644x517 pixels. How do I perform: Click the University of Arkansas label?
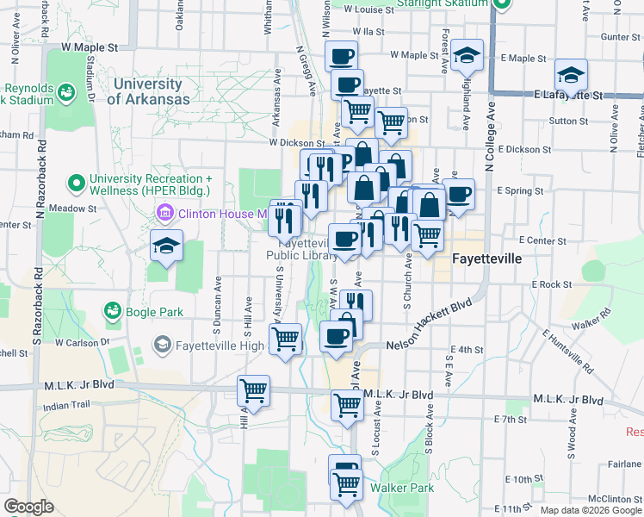pos(148,91)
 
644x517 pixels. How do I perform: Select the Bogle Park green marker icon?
pos(111,310)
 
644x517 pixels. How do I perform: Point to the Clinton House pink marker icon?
pos(164,212)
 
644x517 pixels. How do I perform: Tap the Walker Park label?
pos(401,488)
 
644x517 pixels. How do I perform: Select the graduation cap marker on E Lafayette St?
pos(571,75)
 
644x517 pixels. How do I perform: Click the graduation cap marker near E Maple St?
pos(467,55)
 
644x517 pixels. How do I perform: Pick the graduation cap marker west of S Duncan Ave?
pos(166,246)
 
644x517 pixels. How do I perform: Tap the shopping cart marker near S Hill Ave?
pos(253,391)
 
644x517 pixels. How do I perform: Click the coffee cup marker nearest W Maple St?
pos(342,57)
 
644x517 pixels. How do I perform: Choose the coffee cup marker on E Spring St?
pos(458,194)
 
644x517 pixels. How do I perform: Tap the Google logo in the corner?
pos(29,507)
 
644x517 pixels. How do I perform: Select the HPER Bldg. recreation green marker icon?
pos(77,183)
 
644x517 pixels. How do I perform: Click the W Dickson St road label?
pos(295,143)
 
